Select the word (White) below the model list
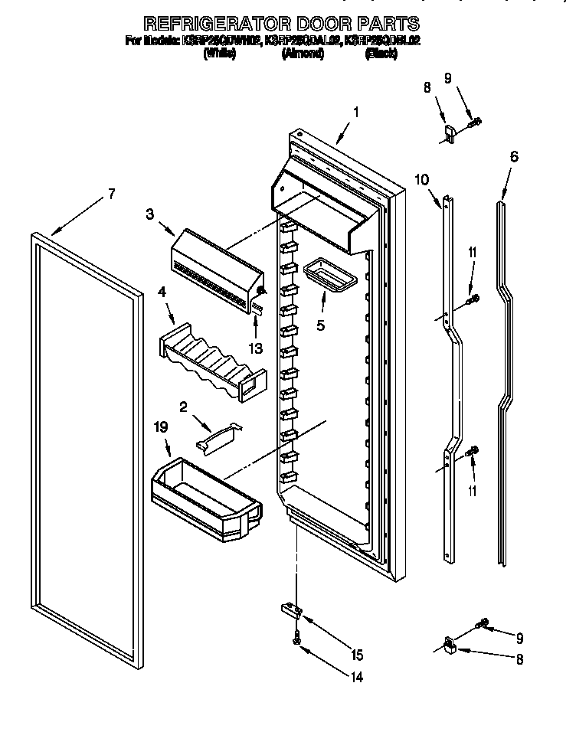tap(219, 54)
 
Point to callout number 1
tap(356, 112)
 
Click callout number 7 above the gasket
tap(111, 194)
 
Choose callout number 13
tap(255, 348)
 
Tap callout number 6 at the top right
tap(514, 157)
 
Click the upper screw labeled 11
tap(473, 299)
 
